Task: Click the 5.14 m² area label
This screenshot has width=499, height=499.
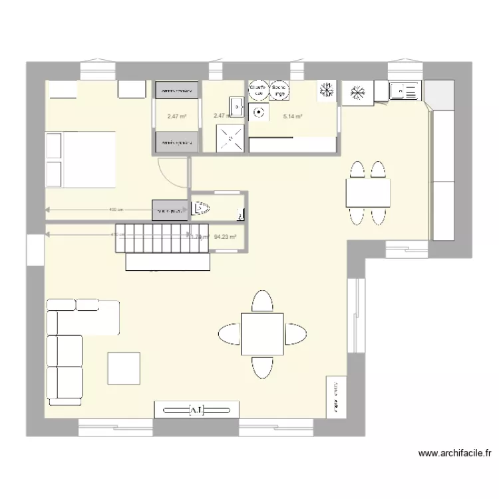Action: pyautogui.click(x=293, y=116)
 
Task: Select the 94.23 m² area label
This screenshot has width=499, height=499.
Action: pyautogui.click(x=226, y=236)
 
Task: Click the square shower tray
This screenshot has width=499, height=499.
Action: pyautogui.click(x=231, y=138)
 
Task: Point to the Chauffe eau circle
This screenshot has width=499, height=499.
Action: pyautogui.click(x=257, y=90)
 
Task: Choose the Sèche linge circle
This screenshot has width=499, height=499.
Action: pyautogui.click(x=279, y=90)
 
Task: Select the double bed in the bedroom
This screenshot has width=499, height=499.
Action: pyautogui.click(x=81, y=160)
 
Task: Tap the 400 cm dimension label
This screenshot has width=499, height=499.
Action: pyautogui.click(x=116, y=210)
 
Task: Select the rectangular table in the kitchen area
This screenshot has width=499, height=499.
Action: pyautogui.click(x=367, y=193)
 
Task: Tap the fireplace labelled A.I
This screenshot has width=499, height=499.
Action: pyautogui.click(x=196, y=410)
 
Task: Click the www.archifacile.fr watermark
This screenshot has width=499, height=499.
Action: pyautogui.click(x=455, y=454)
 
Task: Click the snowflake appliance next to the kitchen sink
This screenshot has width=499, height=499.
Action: pyautogui.click(x=358, y=93)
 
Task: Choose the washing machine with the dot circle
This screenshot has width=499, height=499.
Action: pyautogui.click(x=258, y=113)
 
